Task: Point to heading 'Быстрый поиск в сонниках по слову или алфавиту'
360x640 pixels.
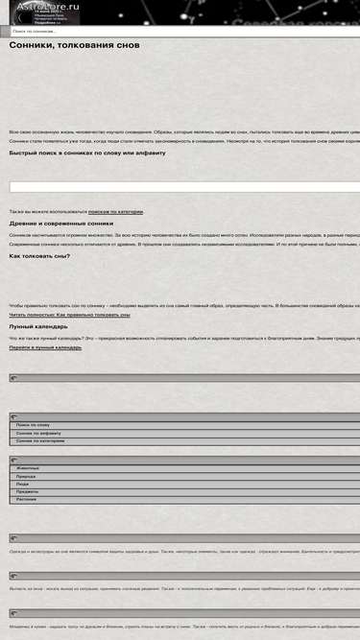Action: (87, 153)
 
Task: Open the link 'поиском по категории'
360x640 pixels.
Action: (115, 211)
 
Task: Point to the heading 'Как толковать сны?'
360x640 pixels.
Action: (39, 256)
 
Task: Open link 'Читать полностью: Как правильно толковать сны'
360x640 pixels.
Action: (70, 315)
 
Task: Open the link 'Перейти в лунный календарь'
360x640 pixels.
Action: (45, 347)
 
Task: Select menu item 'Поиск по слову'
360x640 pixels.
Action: (33, 424)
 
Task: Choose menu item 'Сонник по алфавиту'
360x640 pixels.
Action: (38, 433)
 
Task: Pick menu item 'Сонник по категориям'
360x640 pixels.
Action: (40, 440)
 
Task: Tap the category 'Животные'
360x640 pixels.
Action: (28, 468)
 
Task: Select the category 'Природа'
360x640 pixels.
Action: (26, 476)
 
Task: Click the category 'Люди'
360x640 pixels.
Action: (22, 484)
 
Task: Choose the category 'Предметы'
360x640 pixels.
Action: (28, 491)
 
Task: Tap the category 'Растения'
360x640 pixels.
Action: (27, 499)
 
